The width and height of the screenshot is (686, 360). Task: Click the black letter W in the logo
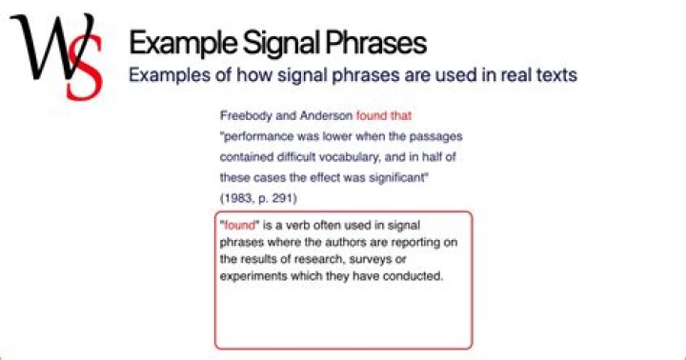(x=43, y=48)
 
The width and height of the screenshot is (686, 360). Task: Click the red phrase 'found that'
(x=383, y=115)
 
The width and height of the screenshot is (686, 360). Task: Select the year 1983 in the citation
(x=236, y=198)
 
